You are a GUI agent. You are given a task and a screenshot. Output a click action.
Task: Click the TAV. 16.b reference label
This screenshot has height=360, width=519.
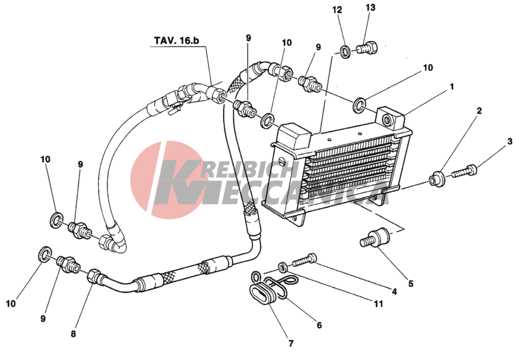[x=177, y=41]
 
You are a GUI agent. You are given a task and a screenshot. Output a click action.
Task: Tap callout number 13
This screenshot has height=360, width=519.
[x=370, y=8]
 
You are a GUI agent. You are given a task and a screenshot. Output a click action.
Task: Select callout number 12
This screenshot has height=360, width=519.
[x=337, y=10]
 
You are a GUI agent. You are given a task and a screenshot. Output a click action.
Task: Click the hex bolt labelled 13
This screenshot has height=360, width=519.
[x=367, y=49]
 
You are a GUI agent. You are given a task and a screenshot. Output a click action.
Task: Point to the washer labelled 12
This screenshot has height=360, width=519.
[x=346, y=52]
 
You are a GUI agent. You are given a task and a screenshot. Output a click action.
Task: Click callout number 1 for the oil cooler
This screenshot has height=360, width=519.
[x=451, y=87]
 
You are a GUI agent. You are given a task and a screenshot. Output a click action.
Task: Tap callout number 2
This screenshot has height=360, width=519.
[x=479, y=111]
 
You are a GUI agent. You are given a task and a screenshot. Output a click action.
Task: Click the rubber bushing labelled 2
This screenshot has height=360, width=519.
[x=437, y=179]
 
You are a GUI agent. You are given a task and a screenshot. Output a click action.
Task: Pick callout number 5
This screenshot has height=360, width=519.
[x=411, y=283]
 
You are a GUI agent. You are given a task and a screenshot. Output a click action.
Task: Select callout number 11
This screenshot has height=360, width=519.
[x=378, y=304]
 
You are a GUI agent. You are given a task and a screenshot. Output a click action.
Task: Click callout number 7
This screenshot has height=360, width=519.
[x=291, y=343]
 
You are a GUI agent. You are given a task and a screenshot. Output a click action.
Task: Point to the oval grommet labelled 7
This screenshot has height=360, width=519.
[x=262, y=293]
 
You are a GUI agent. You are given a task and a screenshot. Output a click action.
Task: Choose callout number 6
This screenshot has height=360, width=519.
[x=319, y=325]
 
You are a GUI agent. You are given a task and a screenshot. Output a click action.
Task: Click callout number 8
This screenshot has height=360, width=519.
[x=73, y=333]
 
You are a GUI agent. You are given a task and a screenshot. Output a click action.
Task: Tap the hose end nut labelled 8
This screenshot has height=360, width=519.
[x=94, y=276]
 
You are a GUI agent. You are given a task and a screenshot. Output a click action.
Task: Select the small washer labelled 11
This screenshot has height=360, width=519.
[x=282, y=267]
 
